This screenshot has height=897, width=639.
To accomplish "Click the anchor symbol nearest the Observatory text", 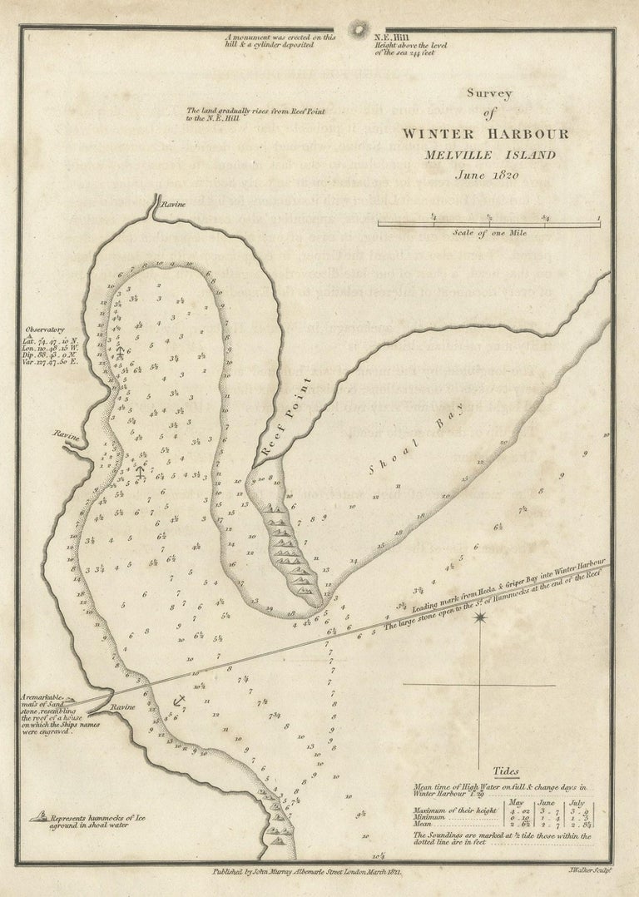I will [120, 353].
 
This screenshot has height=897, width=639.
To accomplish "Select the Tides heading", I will [506, 771].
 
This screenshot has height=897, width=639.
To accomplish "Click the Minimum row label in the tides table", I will [430, 819].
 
